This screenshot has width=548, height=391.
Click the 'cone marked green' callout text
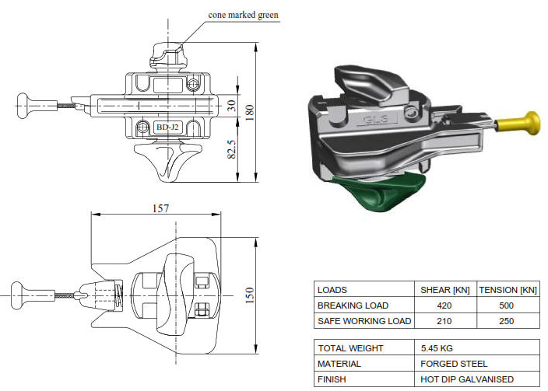tap(243, 14)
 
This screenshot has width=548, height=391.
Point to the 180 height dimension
tap(249, 113)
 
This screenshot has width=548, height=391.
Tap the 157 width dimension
tap(162, 208)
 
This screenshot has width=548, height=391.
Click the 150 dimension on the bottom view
tap(250, 295)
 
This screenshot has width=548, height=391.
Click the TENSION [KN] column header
tap(507, 289)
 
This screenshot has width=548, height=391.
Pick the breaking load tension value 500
tap(507, 305)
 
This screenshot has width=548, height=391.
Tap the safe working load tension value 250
tap(507, 320)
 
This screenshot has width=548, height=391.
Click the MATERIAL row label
tap(339, 363)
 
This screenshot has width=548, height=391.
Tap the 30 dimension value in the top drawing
tap(231, 106)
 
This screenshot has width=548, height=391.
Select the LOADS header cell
tap(332, 289)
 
